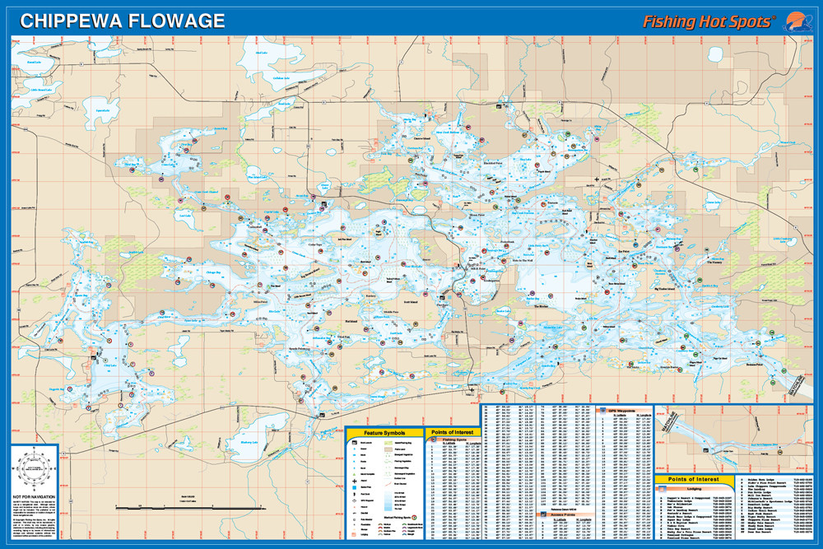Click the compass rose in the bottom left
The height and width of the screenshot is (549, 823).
coord(35,467)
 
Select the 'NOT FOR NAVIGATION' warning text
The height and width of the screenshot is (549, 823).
coord(35,498)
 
